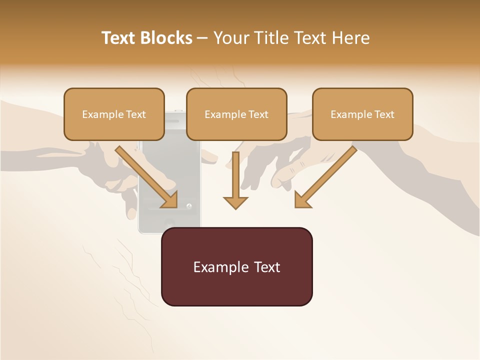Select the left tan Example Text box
(114, 114)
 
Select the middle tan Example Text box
(236, 114)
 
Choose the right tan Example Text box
(362, 114)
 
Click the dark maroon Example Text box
(236, 266)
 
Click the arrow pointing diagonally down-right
(148, 177)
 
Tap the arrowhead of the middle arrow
(235, 202)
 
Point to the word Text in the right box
(384, 114)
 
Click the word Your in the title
(230, 38)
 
